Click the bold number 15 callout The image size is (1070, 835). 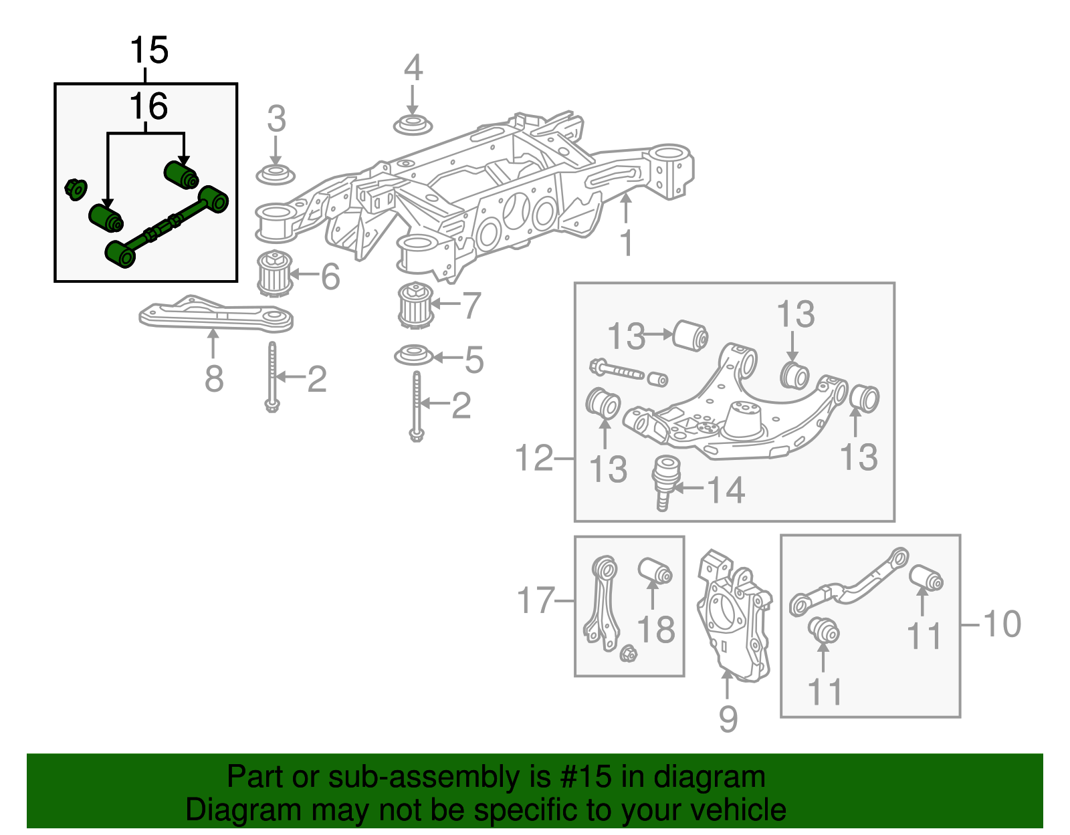pos(148,51)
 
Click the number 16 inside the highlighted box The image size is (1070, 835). pos(148,106)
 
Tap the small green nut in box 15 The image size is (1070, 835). pos(75,189)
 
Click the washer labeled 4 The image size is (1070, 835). pos(412,125)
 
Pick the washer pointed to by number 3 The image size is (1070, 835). pos(276,174)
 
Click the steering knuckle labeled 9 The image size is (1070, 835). pos(732,615)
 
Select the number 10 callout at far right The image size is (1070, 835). pos(1001,624)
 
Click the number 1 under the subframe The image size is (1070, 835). pos(626,243)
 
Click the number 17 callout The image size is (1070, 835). pos(536,600)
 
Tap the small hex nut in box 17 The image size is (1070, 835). pos(627,653)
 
